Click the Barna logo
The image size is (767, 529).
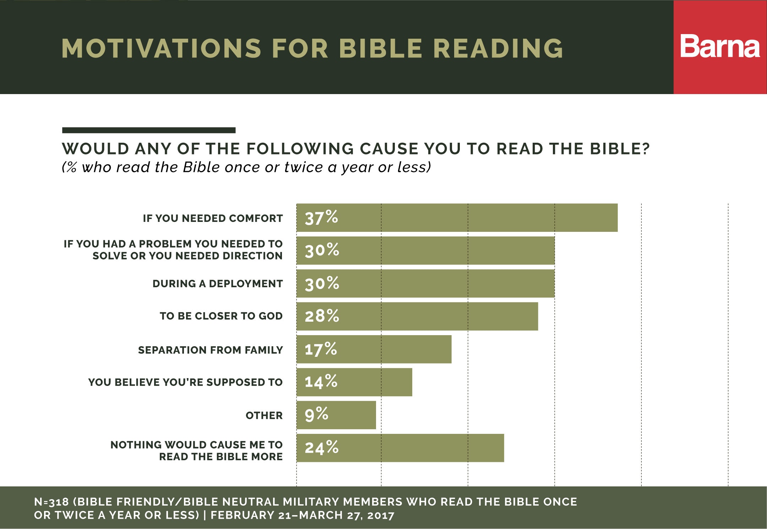(x=720, y=47)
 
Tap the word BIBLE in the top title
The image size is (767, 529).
(x=381, y=48)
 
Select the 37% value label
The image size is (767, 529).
(x=321, y=218)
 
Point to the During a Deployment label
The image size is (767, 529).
(x=217, y=284)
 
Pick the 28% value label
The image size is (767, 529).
(x=322, y=316)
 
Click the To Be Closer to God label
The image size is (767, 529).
(x=221, y=316)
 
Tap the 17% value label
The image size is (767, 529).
(x=320, y=349)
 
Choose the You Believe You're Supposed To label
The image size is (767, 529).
(x=185, y=382)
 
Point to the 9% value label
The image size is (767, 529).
(x=316, y=414)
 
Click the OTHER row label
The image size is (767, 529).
(x=264, y=415)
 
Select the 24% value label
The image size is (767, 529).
(x=321, y=448)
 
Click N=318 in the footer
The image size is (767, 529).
(x=51, y=502)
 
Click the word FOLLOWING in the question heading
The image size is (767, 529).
(x=300, y=149)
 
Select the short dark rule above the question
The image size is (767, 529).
(x=148, y=130)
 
